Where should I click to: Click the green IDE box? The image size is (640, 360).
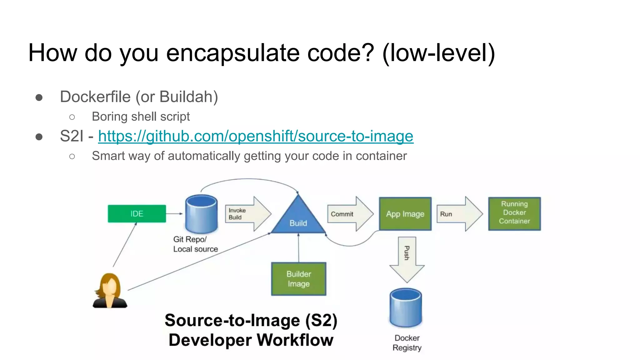pyautogui.click(x=137, y=214)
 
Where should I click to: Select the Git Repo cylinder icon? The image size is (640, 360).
pyautogui.click(x=201, y=214)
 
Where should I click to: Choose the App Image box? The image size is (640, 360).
pyautogui.click(x=405, y=214)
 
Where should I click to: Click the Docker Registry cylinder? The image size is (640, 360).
pyautogui.click(x=406, y=308)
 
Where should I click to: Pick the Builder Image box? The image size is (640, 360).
pyautogui.click(x=298, y=279)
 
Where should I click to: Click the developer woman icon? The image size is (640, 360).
pyautogui.click(x=110, y=291)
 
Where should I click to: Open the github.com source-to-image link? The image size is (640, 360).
pyautogui.click(x=255, y=136)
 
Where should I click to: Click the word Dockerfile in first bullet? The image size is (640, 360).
pyautogui.click(x=95, y=97)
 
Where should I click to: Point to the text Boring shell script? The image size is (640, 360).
pyautogui.click(x=141, y=117)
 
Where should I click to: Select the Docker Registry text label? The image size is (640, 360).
pyautogui.click(x=407, y=343)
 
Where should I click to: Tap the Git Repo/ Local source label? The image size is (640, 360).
pyautogui.click(x=195, y=244)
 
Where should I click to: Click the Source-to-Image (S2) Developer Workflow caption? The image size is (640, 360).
pyautogui.click(x=251, y=330)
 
